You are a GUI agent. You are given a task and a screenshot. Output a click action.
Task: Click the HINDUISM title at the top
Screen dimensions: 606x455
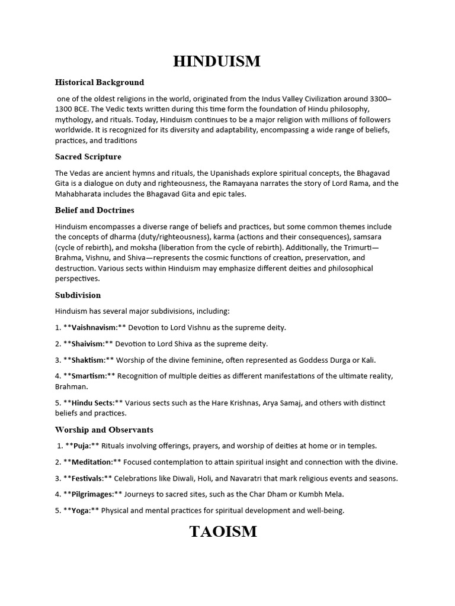tap(217, 61)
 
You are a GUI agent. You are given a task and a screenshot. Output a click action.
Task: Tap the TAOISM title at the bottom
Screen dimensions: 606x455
tap(223, 531)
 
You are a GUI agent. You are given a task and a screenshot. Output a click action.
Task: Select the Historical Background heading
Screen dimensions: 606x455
tap(100, 82)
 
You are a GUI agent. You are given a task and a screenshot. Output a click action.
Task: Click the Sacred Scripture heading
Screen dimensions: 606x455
tap(88, 157)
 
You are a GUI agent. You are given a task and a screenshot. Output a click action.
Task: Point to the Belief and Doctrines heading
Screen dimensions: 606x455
tap(95, 210)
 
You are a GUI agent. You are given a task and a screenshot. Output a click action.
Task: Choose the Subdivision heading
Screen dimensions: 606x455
tap(78, 295)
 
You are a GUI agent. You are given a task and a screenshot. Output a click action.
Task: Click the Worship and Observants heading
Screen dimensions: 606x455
tap(104, 429)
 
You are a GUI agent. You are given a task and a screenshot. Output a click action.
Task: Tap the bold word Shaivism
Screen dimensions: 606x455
tap(88, 344)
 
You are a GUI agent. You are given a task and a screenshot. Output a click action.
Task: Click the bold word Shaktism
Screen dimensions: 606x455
tap(88, 360)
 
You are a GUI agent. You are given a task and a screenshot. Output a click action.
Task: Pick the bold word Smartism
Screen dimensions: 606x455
tap(89, 376)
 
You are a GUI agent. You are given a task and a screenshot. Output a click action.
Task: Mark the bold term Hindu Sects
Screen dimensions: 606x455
tap(92, 403)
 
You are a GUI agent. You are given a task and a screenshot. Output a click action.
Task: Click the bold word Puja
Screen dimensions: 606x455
tap(81, 446)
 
